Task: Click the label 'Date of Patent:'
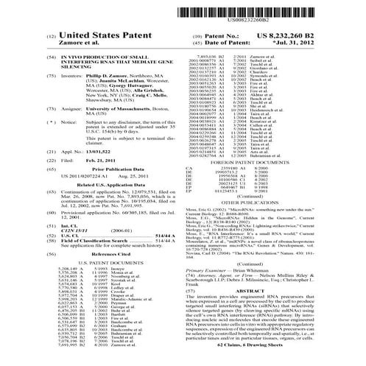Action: click(x=221, y=43)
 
